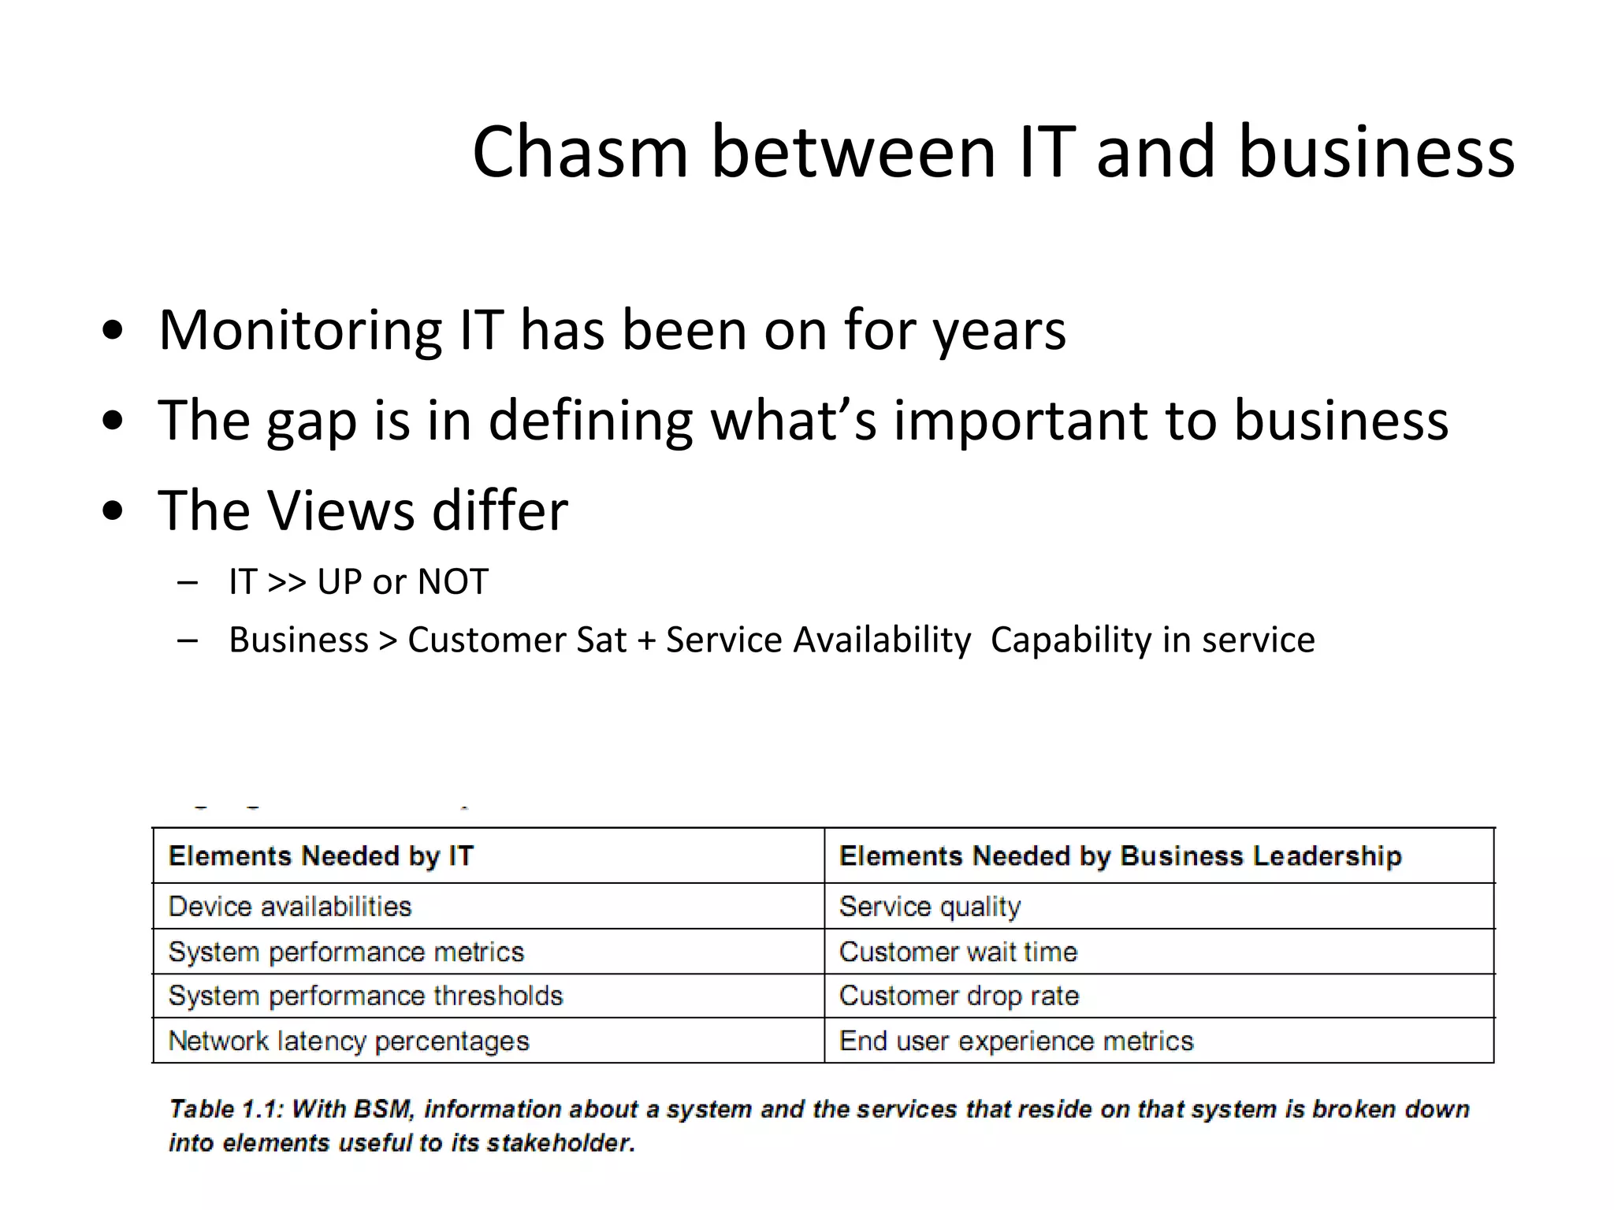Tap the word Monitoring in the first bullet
point(299,330)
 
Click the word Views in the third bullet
point(340,510)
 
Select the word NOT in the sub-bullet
point(452,582)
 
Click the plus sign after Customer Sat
point(646,640)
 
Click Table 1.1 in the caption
point(225,1109)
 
